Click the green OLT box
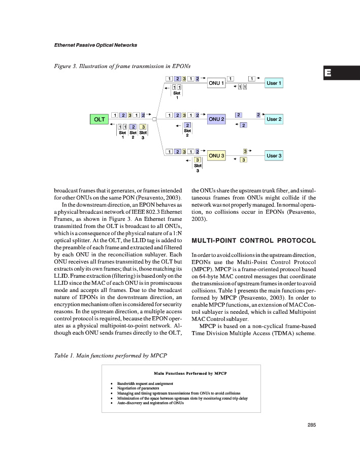(99, 119)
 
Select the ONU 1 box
(217, 83)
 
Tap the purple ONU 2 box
(217, 119)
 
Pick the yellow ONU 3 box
(217, 155)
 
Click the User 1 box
(274, 83)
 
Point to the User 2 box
(274, 119)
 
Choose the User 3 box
(274, 155)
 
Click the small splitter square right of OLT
(153, 119)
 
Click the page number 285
(312, 426)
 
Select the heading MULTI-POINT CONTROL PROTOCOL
(253, 240)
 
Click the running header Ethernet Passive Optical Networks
(95, 45)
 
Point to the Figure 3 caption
(122, 66)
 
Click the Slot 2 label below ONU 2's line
(187, 133)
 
